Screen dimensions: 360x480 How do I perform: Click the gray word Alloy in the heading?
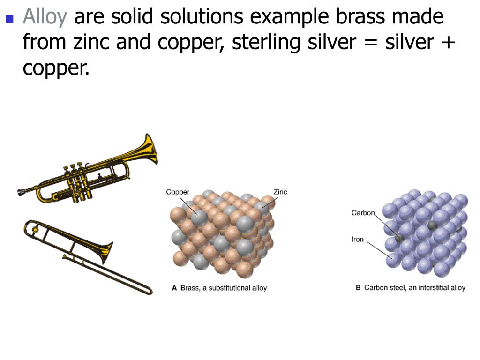coord(45,17)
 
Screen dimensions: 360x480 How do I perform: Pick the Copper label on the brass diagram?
coord(178,192)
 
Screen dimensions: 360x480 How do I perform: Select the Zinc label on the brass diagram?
coord(280,192)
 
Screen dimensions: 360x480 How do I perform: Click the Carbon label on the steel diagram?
coord(363,213)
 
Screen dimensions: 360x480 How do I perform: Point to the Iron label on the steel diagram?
coord(357,239)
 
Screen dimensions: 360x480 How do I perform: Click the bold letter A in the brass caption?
coord(174,288)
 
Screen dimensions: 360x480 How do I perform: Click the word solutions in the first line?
coord(202,17)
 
